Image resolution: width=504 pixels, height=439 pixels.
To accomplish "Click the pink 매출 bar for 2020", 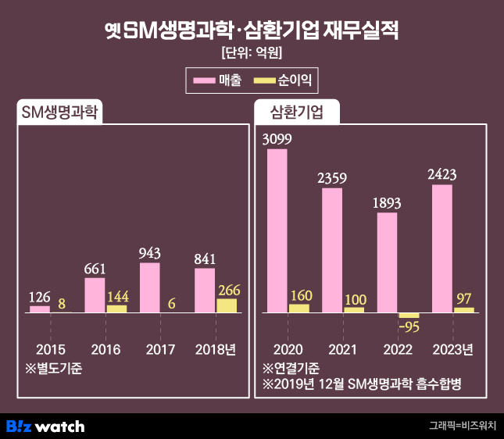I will (277, 230).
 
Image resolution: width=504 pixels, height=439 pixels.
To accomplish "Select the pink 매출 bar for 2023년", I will (441, 248).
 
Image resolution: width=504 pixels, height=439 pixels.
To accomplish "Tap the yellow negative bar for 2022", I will (409, 315).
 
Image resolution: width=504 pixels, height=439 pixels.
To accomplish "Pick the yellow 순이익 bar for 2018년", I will (227, 305).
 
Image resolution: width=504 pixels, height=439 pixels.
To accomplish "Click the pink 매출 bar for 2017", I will (149, 287).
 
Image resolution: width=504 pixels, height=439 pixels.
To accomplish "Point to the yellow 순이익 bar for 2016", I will (116, 309).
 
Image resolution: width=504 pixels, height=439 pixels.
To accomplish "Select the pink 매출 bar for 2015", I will (39, 309).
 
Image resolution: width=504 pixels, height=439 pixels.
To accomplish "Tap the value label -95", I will (409, 327).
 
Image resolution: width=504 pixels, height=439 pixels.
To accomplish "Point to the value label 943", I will (149, 254).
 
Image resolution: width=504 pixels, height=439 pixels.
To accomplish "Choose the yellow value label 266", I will (229, 290).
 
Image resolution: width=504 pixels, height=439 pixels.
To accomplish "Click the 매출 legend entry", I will (217, 80).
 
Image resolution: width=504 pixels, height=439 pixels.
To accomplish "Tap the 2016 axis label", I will (105, 349).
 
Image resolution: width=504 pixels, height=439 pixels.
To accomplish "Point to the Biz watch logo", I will (45, 426).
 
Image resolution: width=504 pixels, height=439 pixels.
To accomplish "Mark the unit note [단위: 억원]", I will (252, 54).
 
